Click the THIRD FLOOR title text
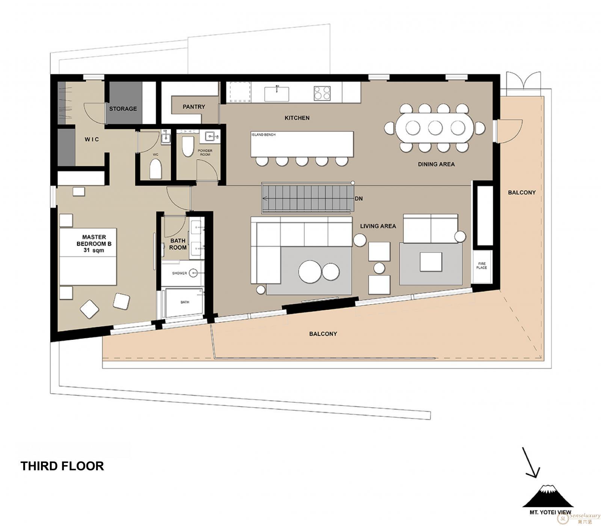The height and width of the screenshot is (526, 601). coord(62,466)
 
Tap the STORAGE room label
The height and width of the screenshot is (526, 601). coord(123,109)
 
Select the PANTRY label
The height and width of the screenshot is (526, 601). coord(194,107)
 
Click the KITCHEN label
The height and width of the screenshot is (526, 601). coord(297,118)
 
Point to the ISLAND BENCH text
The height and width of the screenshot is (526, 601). coord(264,134)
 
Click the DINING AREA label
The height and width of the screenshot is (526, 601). coord(436,164)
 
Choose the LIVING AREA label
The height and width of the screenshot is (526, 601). coord(378,226)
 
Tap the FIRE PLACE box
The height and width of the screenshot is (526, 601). coord(482,266)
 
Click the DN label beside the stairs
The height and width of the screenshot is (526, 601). coord(359,199)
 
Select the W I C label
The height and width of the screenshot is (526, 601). coord(92,139)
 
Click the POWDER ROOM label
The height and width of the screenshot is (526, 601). coord(205,152)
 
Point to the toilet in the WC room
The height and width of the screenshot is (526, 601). coord(156,169)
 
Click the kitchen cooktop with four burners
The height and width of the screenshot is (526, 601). coord(322,93)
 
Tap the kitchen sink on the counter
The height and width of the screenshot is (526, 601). coord(277,93)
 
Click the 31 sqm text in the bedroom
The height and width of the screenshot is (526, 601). coord(94,250)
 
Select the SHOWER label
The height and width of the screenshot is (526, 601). coord(180,273)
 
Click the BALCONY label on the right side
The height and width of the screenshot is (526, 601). coord(522,193)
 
